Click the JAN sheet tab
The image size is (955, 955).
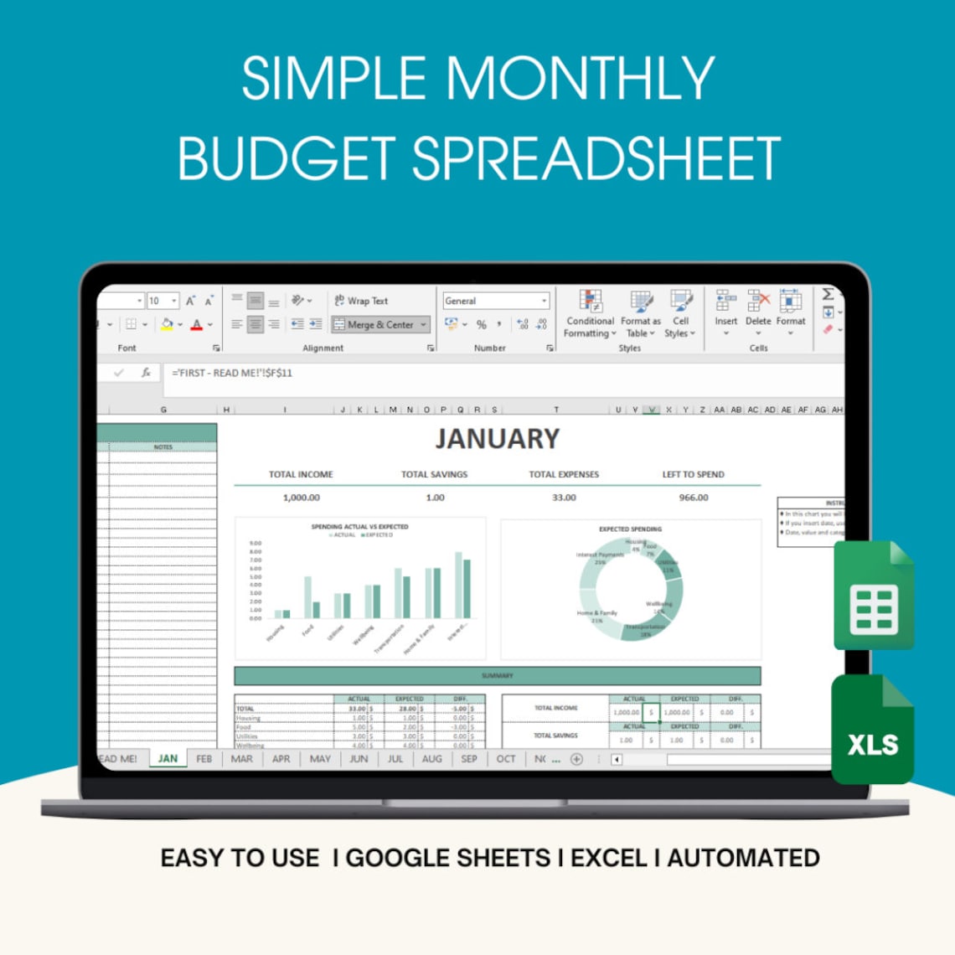168,759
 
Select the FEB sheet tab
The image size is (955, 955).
204,759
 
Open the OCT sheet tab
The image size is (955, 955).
506,759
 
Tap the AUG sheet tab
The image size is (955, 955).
431,759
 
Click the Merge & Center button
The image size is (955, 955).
380,325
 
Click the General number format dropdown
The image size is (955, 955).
496,301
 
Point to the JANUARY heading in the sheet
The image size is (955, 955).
497,439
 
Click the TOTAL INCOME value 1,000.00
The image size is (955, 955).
301,498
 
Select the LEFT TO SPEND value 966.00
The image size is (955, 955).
693,498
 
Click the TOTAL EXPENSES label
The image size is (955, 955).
564,474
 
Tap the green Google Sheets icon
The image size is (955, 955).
874,596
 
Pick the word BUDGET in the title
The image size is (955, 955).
286,158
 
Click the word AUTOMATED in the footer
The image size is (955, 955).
743,858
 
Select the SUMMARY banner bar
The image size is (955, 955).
497,676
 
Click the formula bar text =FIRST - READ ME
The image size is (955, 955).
232,373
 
